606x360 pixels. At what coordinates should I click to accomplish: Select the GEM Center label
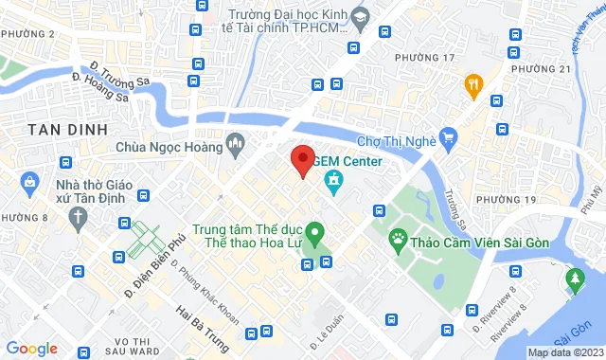coord(352,161)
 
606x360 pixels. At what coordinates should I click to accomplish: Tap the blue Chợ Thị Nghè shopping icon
coord(449,141)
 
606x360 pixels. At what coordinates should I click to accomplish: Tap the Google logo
coord(31,348)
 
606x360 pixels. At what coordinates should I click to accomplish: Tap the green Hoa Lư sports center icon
coord(317,230)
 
